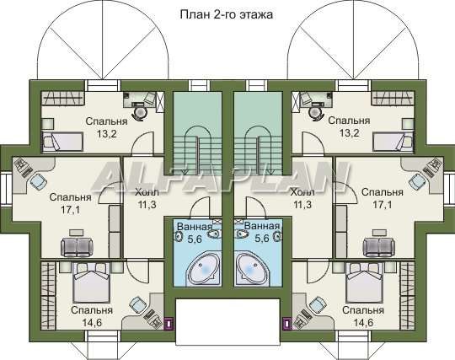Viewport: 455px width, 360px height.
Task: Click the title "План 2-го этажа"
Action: [227, 14]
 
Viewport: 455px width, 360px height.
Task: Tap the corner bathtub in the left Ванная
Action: [204, 269]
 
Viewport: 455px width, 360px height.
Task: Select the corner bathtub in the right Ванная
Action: [252, 269]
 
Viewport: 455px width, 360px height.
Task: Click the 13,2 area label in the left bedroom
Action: [106, 134]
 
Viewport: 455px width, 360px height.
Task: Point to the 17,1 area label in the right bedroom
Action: [383, 205]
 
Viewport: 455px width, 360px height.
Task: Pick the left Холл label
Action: [147, 192]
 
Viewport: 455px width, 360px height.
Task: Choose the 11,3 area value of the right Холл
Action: [302, 205]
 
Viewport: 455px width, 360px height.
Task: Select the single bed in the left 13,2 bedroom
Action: [62, 142]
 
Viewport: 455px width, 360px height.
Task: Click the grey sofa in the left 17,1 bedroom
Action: [77, 247]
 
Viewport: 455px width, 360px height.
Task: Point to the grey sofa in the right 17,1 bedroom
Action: [379, 247]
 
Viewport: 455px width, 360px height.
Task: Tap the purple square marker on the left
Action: [169, 323]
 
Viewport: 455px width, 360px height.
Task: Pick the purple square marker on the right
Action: [286, 323]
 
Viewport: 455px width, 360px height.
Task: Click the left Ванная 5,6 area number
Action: [195, 239]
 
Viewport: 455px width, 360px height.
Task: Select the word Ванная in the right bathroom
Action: [262, 226]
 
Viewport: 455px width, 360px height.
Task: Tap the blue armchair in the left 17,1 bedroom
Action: [38, 181]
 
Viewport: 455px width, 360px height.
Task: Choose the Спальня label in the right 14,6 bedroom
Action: [363, 310]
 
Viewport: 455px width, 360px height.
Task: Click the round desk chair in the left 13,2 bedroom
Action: [140, 112]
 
